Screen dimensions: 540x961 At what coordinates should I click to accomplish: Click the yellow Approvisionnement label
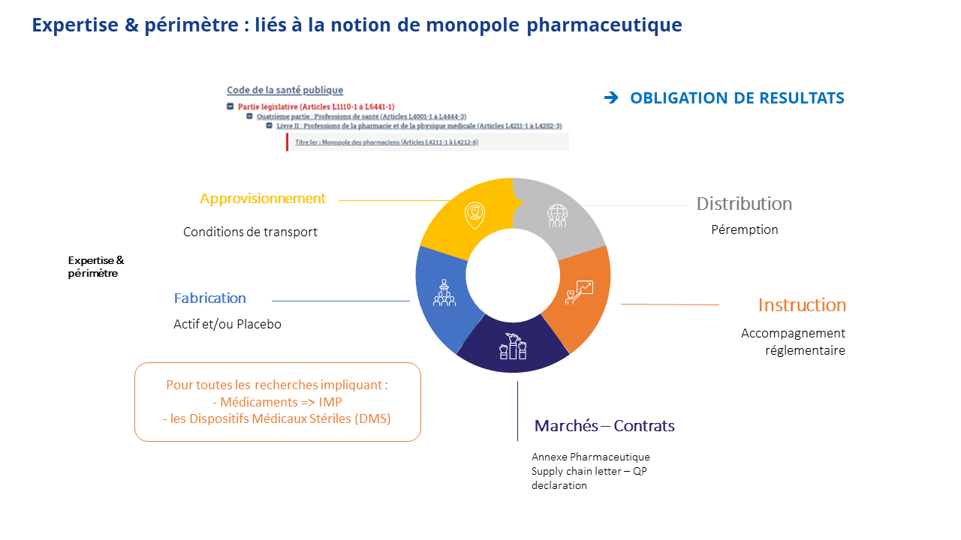point(263,199)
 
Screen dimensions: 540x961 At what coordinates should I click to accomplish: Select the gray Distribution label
point(744,204)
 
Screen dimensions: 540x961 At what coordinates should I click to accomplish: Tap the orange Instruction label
point(802,305)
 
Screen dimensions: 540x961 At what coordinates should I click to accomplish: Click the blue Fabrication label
point(209,298)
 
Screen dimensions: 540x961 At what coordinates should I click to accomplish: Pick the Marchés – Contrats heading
point(604,426)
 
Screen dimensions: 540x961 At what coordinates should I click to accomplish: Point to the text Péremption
point(744,230)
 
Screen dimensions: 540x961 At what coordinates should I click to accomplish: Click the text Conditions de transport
point(250,232)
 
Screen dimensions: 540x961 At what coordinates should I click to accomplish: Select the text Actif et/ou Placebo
point(227,325)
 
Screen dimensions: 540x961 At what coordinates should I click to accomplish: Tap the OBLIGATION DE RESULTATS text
point(737,98)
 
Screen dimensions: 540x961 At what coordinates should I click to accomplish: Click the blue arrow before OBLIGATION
point(611,97)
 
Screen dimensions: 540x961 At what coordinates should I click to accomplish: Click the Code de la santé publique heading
point(285,90)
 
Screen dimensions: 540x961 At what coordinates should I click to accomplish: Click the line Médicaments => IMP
point(277,402)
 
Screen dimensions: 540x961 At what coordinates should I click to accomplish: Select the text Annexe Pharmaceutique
point(590,457)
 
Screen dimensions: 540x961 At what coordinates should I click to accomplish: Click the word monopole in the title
point(471,25)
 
